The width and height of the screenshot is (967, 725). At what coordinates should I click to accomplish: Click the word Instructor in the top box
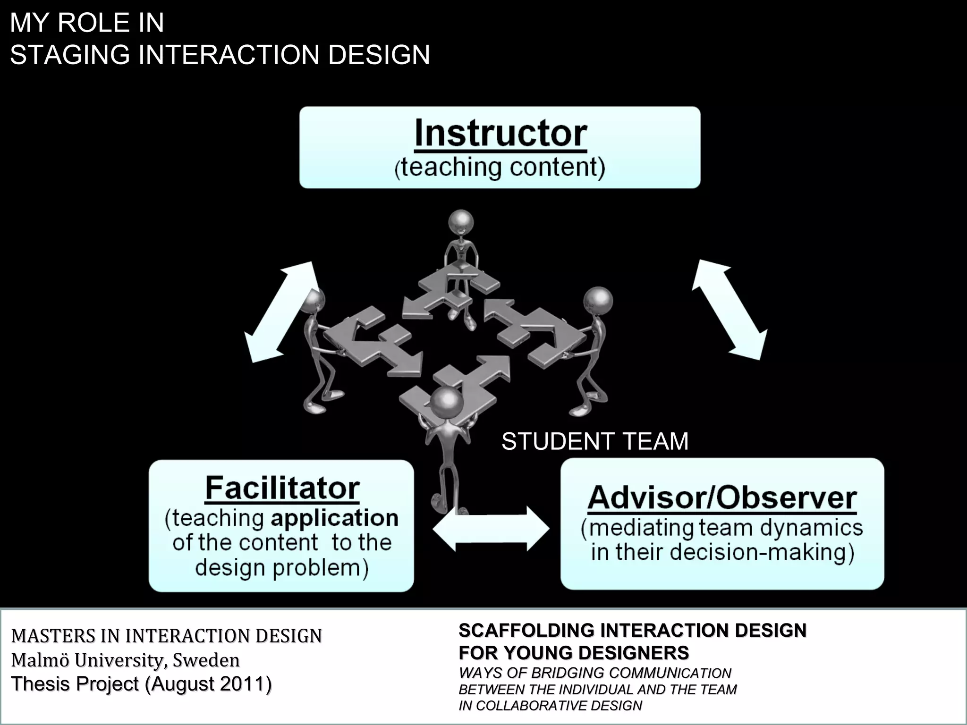point(500,134)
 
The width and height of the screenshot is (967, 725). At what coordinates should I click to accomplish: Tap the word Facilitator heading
point(282,488)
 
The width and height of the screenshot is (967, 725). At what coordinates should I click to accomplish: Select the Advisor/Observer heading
point(722,498)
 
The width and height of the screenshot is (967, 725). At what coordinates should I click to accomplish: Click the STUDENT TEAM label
point(595,442)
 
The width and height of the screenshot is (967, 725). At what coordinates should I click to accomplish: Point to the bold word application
point(334,518)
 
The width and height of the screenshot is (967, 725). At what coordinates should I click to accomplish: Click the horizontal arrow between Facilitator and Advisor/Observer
point(491,529)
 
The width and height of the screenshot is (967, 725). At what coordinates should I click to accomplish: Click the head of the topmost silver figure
point(461,222)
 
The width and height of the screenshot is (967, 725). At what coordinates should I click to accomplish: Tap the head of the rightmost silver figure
point(598,300)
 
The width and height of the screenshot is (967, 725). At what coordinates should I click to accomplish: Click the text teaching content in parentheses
point(500,168)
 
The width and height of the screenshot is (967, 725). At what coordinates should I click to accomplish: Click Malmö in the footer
point(41,660)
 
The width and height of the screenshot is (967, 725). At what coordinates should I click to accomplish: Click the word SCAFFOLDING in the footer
point(527,631)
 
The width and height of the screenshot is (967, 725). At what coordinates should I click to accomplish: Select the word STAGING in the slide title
point(70,55)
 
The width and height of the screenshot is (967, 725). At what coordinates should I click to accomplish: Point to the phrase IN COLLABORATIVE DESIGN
point(550,706)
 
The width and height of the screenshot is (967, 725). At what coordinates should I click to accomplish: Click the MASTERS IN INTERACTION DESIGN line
point(166,636)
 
